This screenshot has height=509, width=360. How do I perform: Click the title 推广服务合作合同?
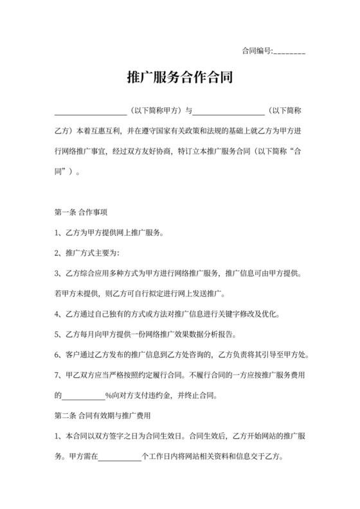pyautogui.click(x=179, y=78)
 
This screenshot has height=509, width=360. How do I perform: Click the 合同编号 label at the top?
pyautogui.click(x=256, y=51)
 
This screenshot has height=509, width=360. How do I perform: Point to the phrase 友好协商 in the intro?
pyautogui.click(x=176, y=155)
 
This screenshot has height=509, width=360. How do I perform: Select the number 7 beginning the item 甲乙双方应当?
pyautogui.click(x=57, y=375)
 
